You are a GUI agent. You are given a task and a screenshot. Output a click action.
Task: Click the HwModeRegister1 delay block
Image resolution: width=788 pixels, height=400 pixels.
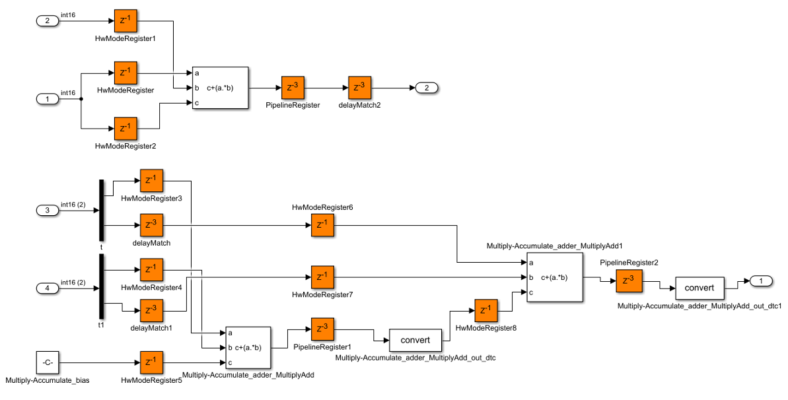pos(125,21)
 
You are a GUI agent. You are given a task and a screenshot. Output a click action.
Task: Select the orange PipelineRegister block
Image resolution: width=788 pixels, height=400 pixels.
pos(292,88)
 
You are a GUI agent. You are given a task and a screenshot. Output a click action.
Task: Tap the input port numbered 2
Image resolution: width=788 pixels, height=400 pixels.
pos(47,21)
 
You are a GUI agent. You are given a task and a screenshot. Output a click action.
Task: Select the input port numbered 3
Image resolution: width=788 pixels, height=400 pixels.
pos(47,211)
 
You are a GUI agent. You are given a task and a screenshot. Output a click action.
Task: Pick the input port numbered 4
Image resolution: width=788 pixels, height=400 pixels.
pos(47,288)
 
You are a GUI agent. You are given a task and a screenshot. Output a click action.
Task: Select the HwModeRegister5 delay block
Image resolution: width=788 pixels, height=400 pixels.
pos(151,362)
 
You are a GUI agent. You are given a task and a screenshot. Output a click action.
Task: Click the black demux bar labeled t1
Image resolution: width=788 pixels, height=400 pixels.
pos(102,288)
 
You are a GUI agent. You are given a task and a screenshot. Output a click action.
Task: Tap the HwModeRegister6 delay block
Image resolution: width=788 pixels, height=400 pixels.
pos(322,225)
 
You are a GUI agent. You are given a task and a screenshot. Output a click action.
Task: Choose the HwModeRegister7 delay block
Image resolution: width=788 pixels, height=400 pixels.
pos(322,277)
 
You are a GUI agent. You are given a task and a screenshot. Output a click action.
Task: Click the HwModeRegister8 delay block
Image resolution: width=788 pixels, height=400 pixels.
pos(485,310)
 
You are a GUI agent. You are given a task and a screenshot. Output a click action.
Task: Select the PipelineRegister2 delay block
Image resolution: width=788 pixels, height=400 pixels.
pos(627,281)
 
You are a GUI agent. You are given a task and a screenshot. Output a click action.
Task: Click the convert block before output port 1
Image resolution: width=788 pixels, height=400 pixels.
pos(699,288)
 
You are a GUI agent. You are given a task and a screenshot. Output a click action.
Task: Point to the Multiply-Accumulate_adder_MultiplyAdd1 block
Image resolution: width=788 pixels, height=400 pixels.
pos(554,277)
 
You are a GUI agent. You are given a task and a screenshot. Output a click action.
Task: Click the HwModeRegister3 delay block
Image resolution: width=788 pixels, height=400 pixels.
pos(151,180)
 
